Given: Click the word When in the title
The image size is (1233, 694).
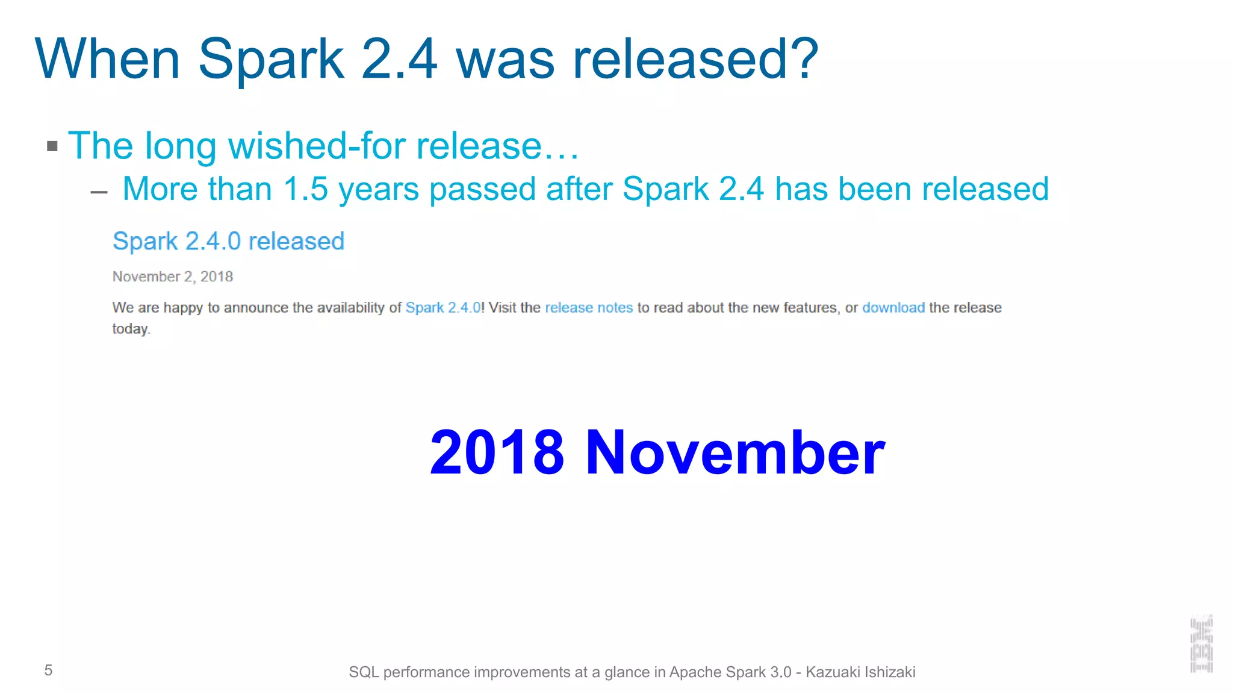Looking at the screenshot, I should [108, 58].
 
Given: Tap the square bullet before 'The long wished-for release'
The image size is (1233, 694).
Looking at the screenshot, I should [52, 146].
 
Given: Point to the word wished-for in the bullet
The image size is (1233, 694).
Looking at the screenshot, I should [317, 146].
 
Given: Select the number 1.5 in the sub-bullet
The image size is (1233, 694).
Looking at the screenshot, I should [305, 189].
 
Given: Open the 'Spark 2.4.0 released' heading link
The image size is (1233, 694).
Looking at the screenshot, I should [228, 241].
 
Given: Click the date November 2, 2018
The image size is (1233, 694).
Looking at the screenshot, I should [173, 277].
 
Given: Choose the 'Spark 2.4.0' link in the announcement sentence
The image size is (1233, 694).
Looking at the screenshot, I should [443, 308].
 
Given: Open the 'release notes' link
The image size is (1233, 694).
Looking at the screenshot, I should [588, 308].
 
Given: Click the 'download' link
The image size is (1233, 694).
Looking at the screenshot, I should [893, 308].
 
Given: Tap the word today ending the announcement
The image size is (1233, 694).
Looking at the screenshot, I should [130, 329].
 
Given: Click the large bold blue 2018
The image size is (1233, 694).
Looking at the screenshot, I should [497, 452].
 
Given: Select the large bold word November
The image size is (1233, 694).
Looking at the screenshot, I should [735, 452].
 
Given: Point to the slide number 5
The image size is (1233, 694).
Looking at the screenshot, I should [49, 670].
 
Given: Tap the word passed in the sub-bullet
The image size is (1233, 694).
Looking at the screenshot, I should [482, 190].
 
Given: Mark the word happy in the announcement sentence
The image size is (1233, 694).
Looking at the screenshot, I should [183, 308].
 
